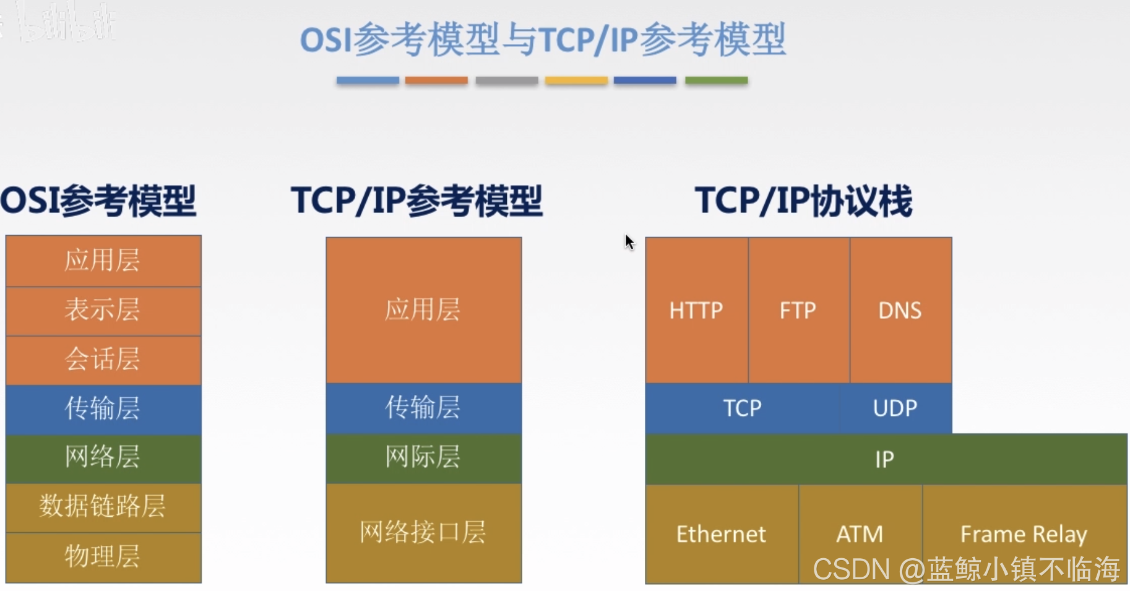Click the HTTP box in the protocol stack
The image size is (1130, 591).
click(x=696, y=310)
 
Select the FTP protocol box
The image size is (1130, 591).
click(x=798, y=310)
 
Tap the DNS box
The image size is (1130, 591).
click(x=900, y=310)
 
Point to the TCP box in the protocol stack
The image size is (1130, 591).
click(x=742, y=408)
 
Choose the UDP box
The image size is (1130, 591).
click(x=895, y=408)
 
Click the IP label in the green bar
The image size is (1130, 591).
click(x=884, y=459)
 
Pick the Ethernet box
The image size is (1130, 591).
click(x=721, y=533)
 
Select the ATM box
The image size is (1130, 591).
click(x=860, y=533)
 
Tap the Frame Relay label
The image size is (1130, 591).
click(x=1024, y=533)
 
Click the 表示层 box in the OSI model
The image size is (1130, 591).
click(x=103, y=310)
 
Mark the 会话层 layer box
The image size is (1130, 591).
click(x=103, y=360)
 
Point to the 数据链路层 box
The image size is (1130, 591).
click(x=103, y=507)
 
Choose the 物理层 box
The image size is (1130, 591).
click(x=103, y=556)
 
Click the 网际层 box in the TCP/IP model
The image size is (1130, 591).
click(x=423, y=458)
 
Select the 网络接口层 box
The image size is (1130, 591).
click(x=423, y=532)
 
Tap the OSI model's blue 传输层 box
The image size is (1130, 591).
click(x=103, y=409)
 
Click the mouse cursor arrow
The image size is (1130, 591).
click(x=629, y=241)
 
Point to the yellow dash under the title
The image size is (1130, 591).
click(x=576, y=80)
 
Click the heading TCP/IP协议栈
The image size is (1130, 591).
click(x=803, y=201)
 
